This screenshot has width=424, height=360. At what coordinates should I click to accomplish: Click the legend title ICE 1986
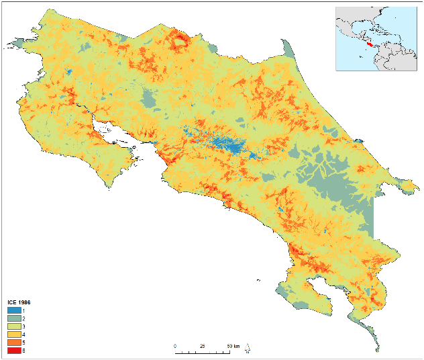[x=18, y=303]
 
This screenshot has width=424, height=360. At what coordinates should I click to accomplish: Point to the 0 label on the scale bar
[x=175, y=345]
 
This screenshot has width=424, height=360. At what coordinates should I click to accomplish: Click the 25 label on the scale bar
[x=202, y=345]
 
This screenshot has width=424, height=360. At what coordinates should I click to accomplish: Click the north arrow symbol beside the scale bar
[x=248, y=349]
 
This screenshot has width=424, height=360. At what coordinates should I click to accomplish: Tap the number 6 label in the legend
[x=23, y=350]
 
